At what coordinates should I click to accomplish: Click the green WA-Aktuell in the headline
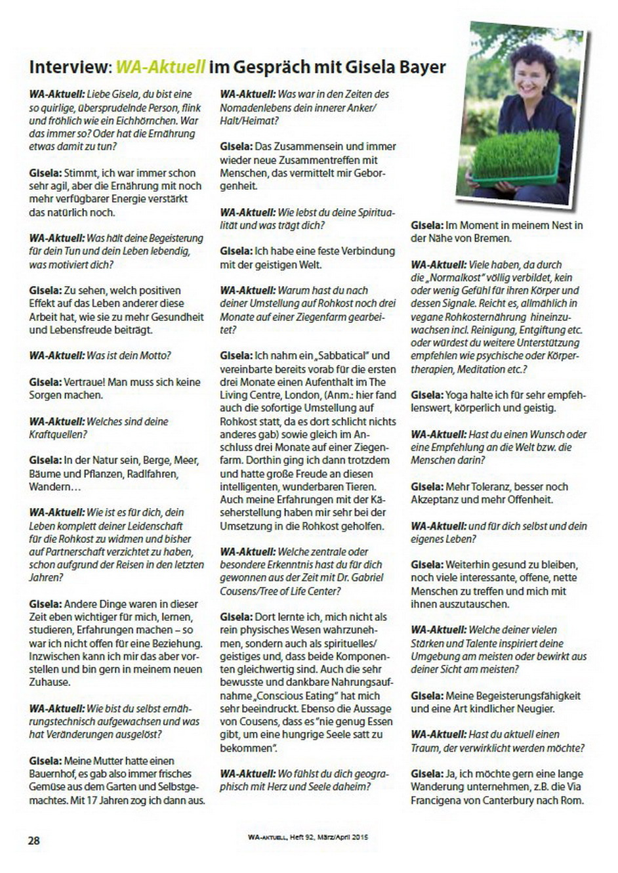[161, 67]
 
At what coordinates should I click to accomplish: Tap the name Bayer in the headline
[421, 67]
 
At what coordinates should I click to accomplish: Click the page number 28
[34, 840]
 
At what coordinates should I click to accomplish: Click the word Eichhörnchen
[144, 121]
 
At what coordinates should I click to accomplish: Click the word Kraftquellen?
[58, 435]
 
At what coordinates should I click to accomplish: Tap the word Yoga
[457, 395]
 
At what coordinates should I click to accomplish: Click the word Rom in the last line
[573, 800]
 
